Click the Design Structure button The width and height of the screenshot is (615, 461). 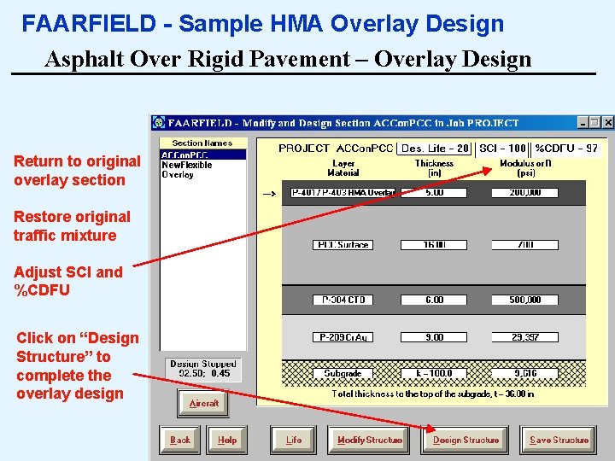tap(466, 440)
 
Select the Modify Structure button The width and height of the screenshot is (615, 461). tap(370, 440)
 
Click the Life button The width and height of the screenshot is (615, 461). tap(294, 440)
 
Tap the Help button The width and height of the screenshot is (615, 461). tap(227, 440)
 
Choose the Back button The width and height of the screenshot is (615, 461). tap(180, 440)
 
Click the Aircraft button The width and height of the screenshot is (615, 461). tap(204, 403)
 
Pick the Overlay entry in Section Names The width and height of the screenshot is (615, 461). tap(178, 175)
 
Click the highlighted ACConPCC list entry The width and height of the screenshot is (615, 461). tap(184, 155)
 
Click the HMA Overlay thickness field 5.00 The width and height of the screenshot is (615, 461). tap(434, 193)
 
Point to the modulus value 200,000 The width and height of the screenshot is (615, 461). tap(524, 193)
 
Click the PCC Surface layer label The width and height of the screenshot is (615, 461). tap(343, 245)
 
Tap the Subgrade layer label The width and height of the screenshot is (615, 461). tap(343, 373)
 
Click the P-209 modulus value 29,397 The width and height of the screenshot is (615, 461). tap(524, 337)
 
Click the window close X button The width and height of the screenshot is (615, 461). tap(607, 123)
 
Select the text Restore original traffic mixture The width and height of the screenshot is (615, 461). tap(72, 226)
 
